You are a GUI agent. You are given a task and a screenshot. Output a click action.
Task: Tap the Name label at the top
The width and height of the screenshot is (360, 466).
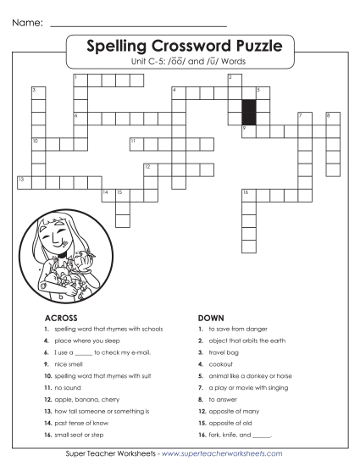click(x=27, y=11)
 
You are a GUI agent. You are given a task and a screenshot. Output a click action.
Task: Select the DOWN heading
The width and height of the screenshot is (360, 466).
click(x=209, y=318)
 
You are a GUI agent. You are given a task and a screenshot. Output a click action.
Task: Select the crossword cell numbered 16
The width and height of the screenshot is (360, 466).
click(x=248, y=195)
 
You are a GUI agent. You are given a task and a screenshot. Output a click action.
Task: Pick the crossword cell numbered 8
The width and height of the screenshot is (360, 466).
click(x=331, y=118)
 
